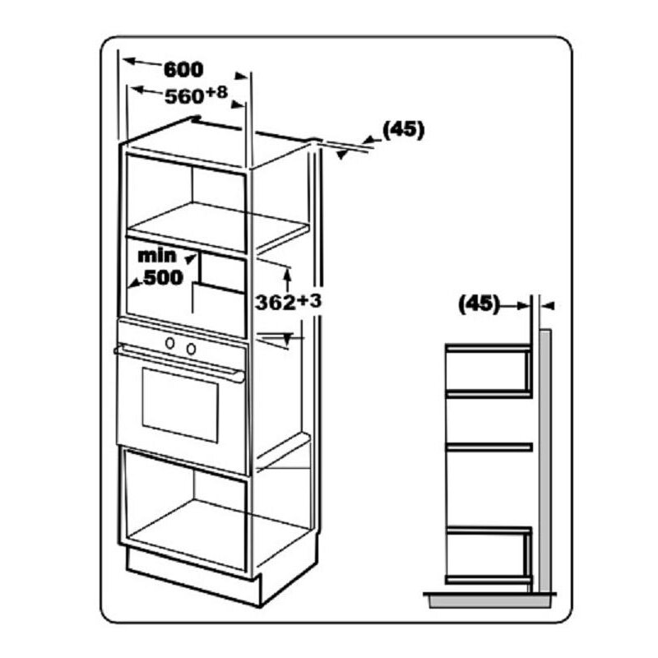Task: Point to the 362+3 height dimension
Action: click(287, 302)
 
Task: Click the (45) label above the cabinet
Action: click(403, 130)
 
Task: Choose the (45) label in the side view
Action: click(479, 304)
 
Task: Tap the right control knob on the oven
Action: click(191, 348)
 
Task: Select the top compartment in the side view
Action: click(488, 371)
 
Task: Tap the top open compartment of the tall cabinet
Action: click(185, 197)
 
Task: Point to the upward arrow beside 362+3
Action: click(287, 271)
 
